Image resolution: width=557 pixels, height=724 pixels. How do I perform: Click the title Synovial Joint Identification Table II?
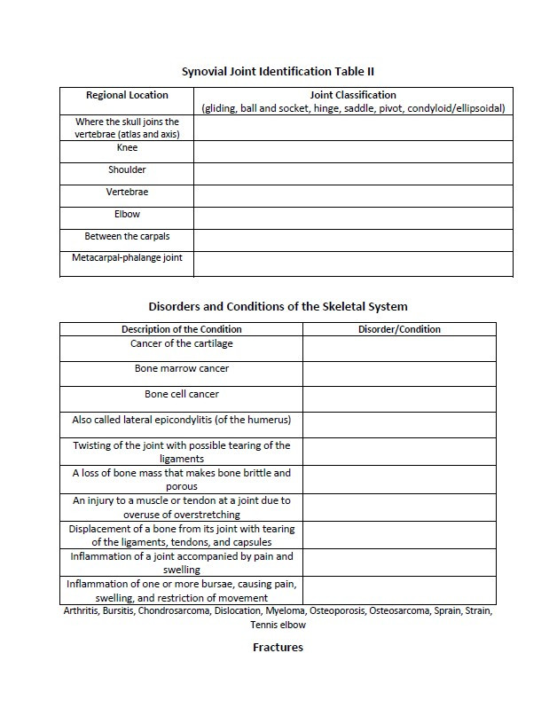[x=278, y=70]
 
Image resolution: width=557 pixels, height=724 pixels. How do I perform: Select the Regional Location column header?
[x=127, y=95]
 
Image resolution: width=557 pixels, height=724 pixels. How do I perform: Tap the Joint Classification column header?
[x=353, y=95]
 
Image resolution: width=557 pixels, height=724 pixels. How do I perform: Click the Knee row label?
[x=127, y=148]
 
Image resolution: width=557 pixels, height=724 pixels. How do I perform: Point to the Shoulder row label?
[x=127, y=169]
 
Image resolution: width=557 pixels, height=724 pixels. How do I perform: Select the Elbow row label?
[x=127, y=214]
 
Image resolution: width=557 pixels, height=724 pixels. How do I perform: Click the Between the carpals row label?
[x=127, y=236]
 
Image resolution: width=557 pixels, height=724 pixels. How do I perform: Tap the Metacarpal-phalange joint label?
[x=127, y=258]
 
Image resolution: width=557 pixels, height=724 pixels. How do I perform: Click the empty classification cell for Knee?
[x=353, y=152]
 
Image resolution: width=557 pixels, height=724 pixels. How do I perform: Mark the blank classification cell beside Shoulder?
[x=353, y=174]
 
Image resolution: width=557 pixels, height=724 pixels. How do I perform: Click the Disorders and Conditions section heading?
[x=278, y=306]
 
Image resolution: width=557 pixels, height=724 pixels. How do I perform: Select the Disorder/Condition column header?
[x=399, y=329]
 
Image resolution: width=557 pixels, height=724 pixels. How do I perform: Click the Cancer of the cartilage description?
[x=182, y=343]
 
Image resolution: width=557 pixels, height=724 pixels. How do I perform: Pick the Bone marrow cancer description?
[x=182, y=368]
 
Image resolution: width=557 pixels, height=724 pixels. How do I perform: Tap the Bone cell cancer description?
[x=182, y=394]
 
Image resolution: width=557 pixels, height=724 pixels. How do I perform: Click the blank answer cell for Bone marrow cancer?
[x=399, y=374]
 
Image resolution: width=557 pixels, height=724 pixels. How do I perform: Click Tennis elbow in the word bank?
[x=278, y=625]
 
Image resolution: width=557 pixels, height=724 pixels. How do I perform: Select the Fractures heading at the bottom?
[x=278, y=647]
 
